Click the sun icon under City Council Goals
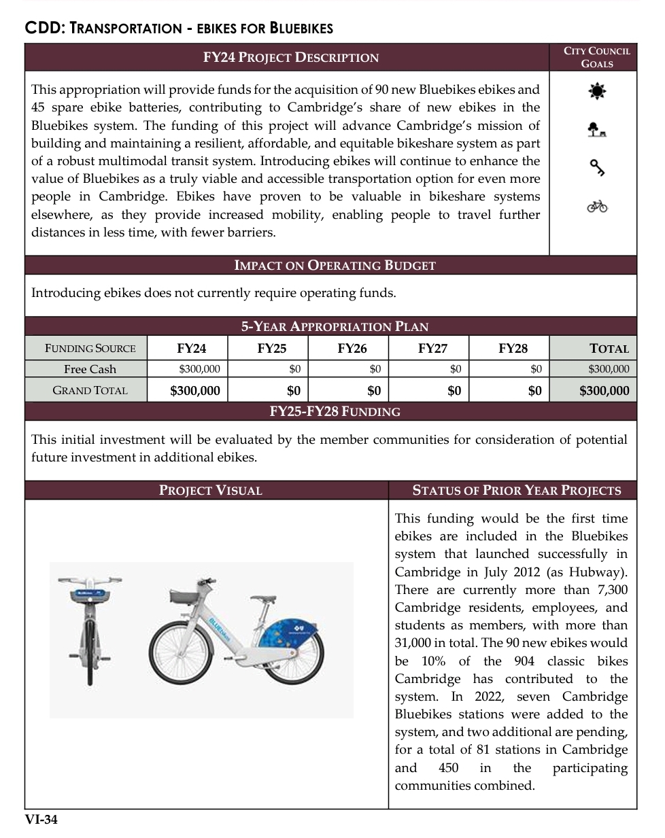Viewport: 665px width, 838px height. [x=597, y=90]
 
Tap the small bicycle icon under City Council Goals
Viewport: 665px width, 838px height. [x=597, y=205]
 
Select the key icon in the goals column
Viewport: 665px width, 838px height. [x=597, y=167]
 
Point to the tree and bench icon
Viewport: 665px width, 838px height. [x=597, y=129]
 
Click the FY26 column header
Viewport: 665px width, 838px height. [x=352, y=349]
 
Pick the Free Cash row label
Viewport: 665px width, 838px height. [x=90, y=369]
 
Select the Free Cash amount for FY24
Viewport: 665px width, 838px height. [x=199, y=369]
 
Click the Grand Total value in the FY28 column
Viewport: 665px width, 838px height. [x=534, y=391]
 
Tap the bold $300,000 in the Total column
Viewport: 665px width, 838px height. [x=604, y=391]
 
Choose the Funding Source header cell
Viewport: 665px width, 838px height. [x=90, y=349]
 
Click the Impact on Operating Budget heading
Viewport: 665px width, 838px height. [x=335, y=265]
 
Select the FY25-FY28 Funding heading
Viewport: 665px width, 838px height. [x=335, y=411]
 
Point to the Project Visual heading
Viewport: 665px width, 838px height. [x=210, y=491]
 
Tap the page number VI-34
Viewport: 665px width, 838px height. [x=41, y=820]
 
